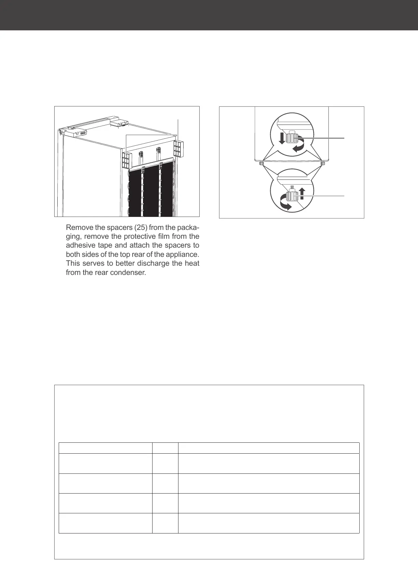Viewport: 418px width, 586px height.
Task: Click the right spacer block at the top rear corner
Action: pos(178,149)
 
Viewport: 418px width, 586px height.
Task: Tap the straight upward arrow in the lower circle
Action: pos(302,193)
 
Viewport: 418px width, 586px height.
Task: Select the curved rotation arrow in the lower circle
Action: pos(285,203)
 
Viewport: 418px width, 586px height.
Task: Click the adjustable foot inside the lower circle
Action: pos(292,195)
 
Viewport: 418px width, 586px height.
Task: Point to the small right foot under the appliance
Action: pos(323,164)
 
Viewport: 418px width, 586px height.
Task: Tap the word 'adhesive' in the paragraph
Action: pos(78,246)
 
